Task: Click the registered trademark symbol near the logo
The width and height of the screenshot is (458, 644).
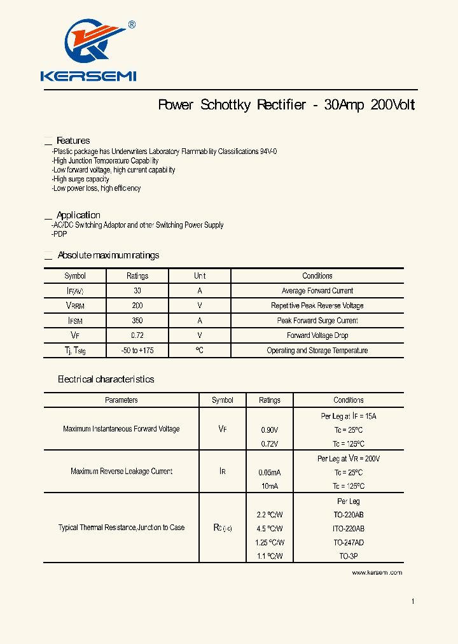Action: point(132,25)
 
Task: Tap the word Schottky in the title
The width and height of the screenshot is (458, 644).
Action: point(226,105)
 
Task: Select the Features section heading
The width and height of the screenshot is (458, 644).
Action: point(73,141)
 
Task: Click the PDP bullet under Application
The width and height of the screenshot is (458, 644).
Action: point(60,234)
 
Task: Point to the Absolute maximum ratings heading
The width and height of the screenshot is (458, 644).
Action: point(108,255)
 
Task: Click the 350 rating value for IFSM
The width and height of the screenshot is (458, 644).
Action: point(137,321)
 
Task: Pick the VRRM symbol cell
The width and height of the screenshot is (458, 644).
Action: point(75,306)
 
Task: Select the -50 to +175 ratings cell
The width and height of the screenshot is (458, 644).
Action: point(137,351)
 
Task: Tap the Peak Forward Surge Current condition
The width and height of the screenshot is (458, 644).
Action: point(317,321)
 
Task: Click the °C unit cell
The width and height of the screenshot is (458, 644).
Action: point(200,351)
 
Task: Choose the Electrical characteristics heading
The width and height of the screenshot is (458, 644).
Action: point(106,379)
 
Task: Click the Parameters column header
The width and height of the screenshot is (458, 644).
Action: point(121,400)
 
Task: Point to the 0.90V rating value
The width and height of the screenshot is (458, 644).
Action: point(270,430)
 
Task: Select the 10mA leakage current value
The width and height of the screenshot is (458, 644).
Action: point(270,486)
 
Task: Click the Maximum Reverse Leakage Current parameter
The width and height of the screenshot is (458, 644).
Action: point(121,472)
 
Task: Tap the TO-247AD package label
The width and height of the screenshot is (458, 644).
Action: point(349,543)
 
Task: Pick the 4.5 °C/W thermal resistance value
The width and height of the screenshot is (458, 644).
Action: point(270,529)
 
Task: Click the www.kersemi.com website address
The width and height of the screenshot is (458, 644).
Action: point(377,573)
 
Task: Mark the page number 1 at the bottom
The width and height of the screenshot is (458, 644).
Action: point(413,601)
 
